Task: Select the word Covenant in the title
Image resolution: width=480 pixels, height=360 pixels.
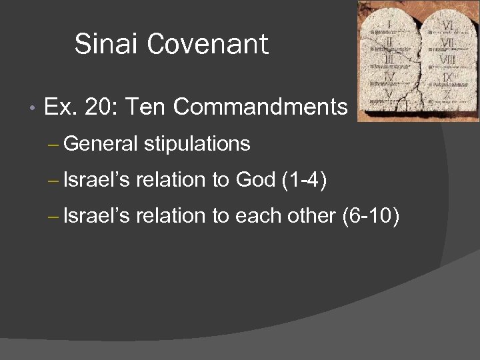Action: coord(209,45)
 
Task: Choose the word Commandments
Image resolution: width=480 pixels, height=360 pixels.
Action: coord(265,107)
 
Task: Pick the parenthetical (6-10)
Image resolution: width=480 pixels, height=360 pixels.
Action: coord(370,216)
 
